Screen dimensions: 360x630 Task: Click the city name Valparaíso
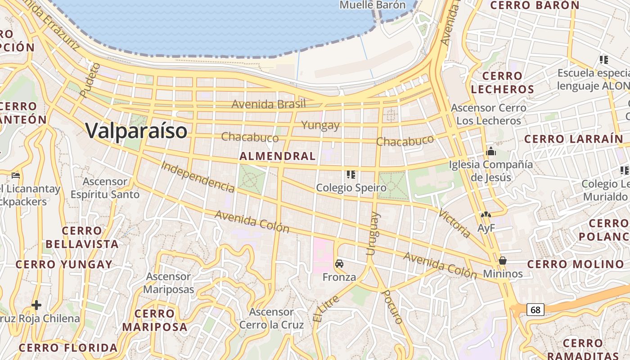136,131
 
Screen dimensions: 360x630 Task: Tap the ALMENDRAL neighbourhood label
278,156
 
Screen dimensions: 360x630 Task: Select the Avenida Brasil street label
269,104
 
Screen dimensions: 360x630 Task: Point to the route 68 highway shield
535,310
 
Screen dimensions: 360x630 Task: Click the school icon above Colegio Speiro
351,174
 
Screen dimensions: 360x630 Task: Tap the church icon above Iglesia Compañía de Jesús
491,152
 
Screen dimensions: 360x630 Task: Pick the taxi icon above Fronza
339,264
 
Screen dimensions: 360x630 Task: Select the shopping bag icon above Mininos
503,261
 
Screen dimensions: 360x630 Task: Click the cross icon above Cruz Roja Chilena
36,306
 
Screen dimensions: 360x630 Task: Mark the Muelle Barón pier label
373,5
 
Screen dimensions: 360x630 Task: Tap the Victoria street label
454,224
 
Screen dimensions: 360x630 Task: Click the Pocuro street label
392,307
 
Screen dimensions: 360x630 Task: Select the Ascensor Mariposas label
169,283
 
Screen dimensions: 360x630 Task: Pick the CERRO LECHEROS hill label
503,82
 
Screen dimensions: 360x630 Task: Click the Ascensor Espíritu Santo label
105,188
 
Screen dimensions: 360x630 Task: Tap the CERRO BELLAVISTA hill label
82,238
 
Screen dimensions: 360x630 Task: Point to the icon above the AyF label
486,215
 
